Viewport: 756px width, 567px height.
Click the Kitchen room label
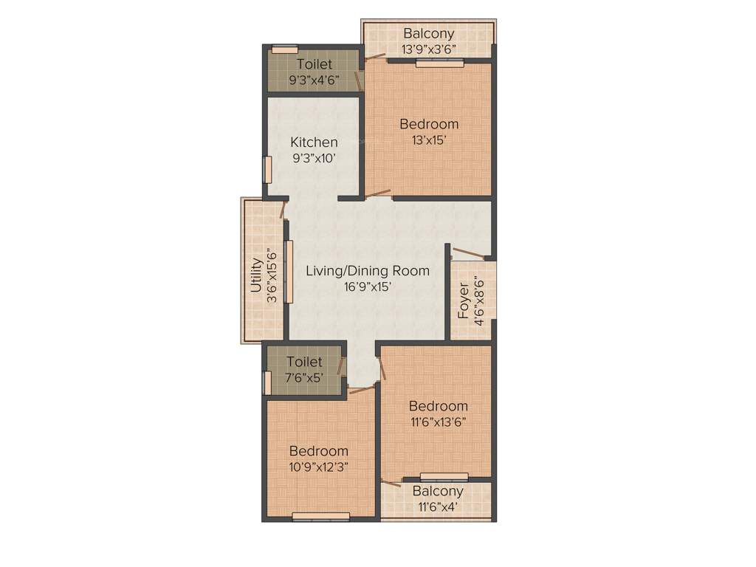(x=314, y=142)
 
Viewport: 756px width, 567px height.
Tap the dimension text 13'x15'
(x=429, y=140)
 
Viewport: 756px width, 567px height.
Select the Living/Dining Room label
(x=368, y=271)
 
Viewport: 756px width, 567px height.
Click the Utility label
(x=256, y=275)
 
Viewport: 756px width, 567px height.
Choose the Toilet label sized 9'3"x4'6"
(x=315, y=64)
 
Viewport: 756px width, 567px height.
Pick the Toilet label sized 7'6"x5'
(x=304, y=362)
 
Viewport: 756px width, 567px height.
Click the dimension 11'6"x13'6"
(x=439, y=422)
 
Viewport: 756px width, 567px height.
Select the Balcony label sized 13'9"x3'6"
(x=428, y=34)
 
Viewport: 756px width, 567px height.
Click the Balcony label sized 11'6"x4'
(x=438, y=491)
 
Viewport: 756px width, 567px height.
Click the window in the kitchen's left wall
(x=268, y=169)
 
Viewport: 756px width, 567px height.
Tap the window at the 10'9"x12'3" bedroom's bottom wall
(x=321, y=516)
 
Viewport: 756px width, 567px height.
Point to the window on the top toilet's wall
(x=284, y=49)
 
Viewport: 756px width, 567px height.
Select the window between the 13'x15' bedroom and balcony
(x=439, y=63)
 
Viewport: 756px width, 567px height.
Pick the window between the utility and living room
(x=289, y=272)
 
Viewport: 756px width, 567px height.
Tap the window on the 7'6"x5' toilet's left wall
(x=267, y=383)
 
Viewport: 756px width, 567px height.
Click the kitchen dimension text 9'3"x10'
(x=314, y=157)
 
